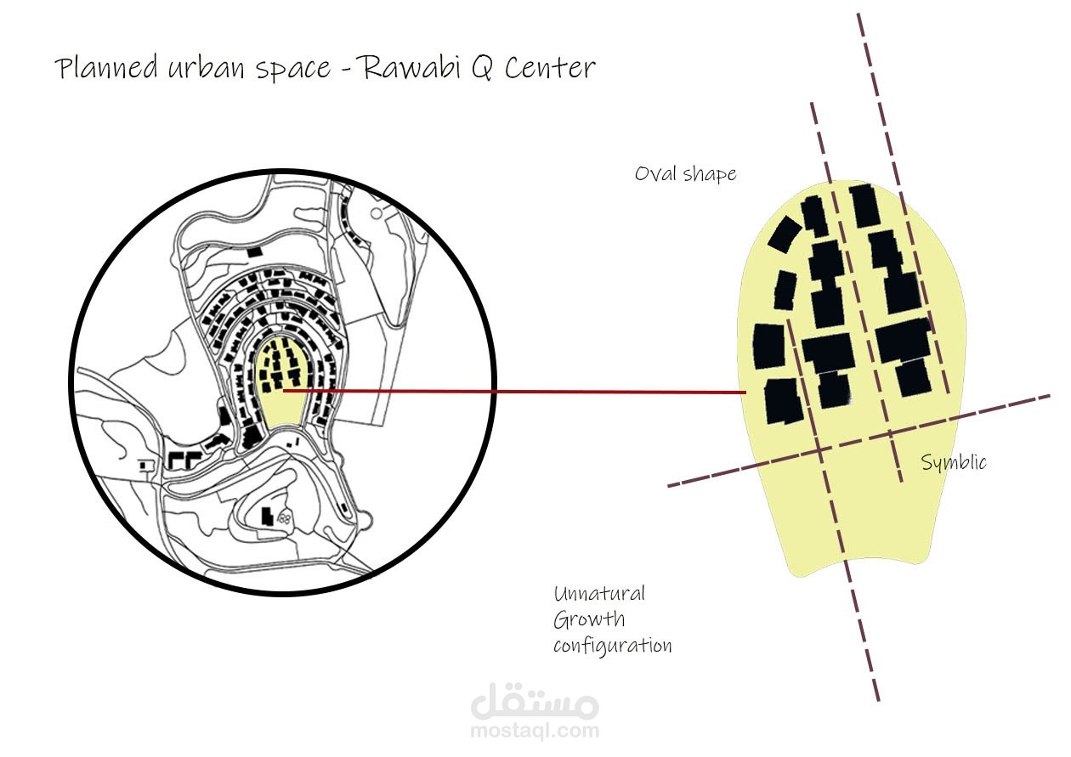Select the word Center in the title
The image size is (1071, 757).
(547, 68)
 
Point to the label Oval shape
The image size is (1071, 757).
(685, 174)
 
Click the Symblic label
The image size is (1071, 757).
(954, 462)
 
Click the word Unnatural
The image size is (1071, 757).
(599, 593)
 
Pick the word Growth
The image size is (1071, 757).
(588, 619)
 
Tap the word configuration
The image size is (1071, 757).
(612, 646)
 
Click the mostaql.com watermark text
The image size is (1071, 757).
(535, 729)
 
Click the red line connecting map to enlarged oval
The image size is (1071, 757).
(510, 392)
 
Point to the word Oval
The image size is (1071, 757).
(654, 173)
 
